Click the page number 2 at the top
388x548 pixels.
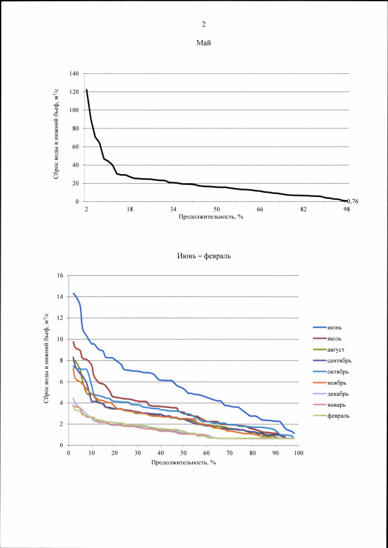point(204,24)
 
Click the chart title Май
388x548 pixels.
point(203,43)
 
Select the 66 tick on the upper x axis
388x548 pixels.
point(259,209)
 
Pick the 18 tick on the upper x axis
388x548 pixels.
point(130,209)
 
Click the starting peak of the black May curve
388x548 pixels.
point(87,90)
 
